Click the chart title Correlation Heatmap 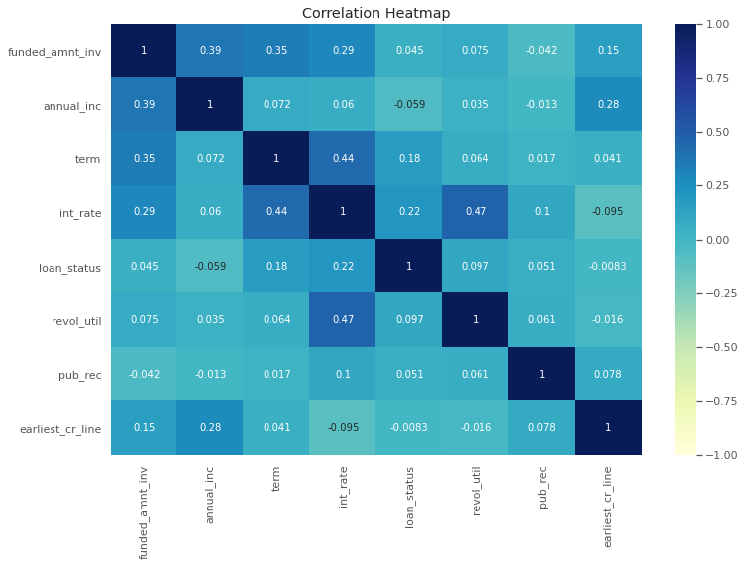click(375, 13)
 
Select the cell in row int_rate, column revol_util click(476, 212)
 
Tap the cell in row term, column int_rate click(343, 159)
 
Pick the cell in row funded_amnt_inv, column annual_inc click(210, 51)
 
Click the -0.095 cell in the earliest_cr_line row click(343, 427)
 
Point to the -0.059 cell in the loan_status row click(210, 266)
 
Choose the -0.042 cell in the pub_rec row click(144, 374)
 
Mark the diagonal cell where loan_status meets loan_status click(409, 266)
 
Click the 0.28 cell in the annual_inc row click(608, 104)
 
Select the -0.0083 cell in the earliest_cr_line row click(409, 427)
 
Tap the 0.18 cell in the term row click(409, 159)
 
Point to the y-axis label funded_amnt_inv click(54, 51)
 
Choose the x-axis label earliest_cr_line click(608, 506)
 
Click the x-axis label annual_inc click(210, 495)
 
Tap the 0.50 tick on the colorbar click(721, 132)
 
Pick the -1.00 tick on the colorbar click(721, 454)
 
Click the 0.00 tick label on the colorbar click(721, 239)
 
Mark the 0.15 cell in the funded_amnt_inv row click(608, 51)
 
